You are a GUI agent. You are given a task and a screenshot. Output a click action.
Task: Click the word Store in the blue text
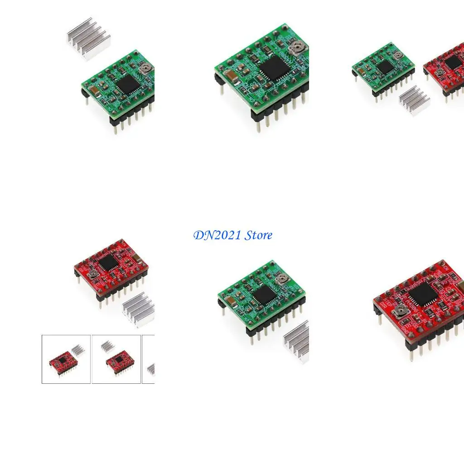pos(258,235)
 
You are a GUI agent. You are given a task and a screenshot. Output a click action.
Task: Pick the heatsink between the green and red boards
pos(414,100)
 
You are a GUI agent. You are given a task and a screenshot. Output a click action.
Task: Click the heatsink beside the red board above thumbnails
pos(138,309)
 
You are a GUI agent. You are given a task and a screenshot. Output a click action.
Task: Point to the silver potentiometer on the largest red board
pos(401,310)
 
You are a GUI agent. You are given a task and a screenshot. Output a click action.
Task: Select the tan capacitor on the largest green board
pos(232,76)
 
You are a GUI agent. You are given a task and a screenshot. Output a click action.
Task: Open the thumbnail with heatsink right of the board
pos(66,359)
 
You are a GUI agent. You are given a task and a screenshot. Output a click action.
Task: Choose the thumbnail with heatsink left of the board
pos(116,359)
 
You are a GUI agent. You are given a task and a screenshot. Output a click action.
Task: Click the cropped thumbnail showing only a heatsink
pos(149,359)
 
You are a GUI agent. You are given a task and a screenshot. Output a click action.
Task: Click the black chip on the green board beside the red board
pos(385,67)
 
